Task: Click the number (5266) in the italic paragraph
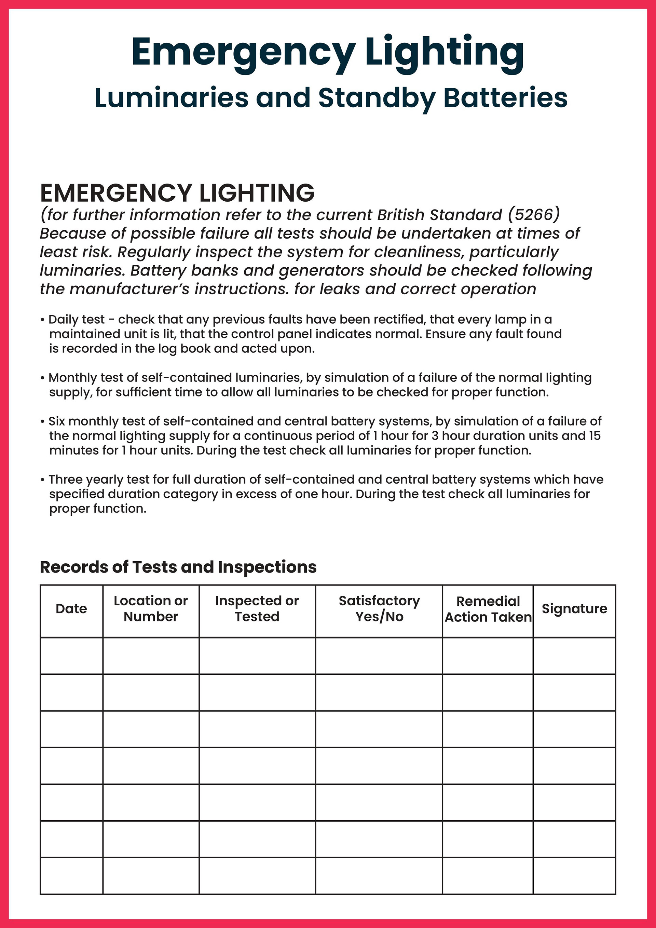point(534,215)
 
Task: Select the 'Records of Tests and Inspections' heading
point(178,567)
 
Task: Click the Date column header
point(71,609)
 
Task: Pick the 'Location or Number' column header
point(151,609)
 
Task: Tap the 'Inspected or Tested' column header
point(257,609)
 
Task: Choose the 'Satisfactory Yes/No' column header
point(379,609)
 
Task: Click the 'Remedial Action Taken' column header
point(488,609)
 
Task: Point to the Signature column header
point(574,609)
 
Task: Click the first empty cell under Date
point(71,656)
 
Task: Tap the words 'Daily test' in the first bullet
point(76,320)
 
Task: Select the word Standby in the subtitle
point(377,98)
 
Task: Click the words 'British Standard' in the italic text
point(439,215)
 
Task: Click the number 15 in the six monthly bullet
point(594,436)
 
